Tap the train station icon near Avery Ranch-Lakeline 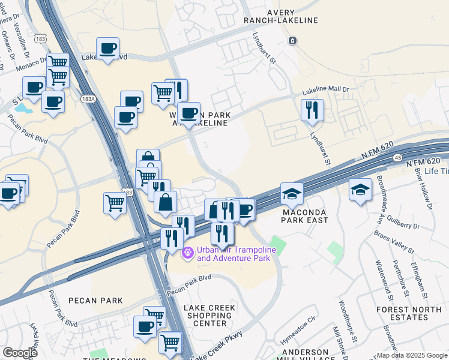coord(292,40)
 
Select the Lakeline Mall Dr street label coord(325,91)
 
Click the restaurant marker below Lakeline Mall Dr coord(312,110)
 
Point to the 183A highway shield coord(88,98)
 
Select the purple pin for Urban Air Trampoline coord(187,253)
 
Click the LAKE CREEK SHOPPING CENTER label coord(209,316)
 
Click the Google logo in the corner coord(20,353)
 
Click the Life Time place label coord(436,171)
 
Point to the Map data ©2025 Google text coord(411,355)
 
